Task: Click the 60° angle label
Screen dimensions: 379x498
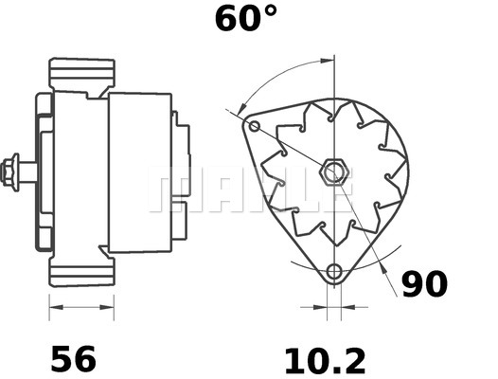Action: [x=245, y=18]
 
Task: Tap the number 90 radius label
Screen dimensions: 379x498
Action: [x=424, y=284]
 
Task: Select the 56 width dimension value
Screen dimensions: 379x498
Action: [x=73, y=359]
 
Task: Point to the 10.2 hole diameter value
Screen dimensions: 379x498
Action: [x=325, y=360]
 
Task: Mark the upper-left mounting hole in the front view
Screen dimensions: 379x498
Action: [x=253, y=126]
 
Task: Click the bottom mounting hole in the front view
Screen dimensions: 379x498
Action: [x=332, y=274]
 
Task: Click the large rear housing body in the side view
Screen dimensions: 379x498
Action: [x=139, y=172]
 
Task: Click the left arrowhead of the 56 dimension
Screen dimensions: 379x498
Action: [x=53, y=307]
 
